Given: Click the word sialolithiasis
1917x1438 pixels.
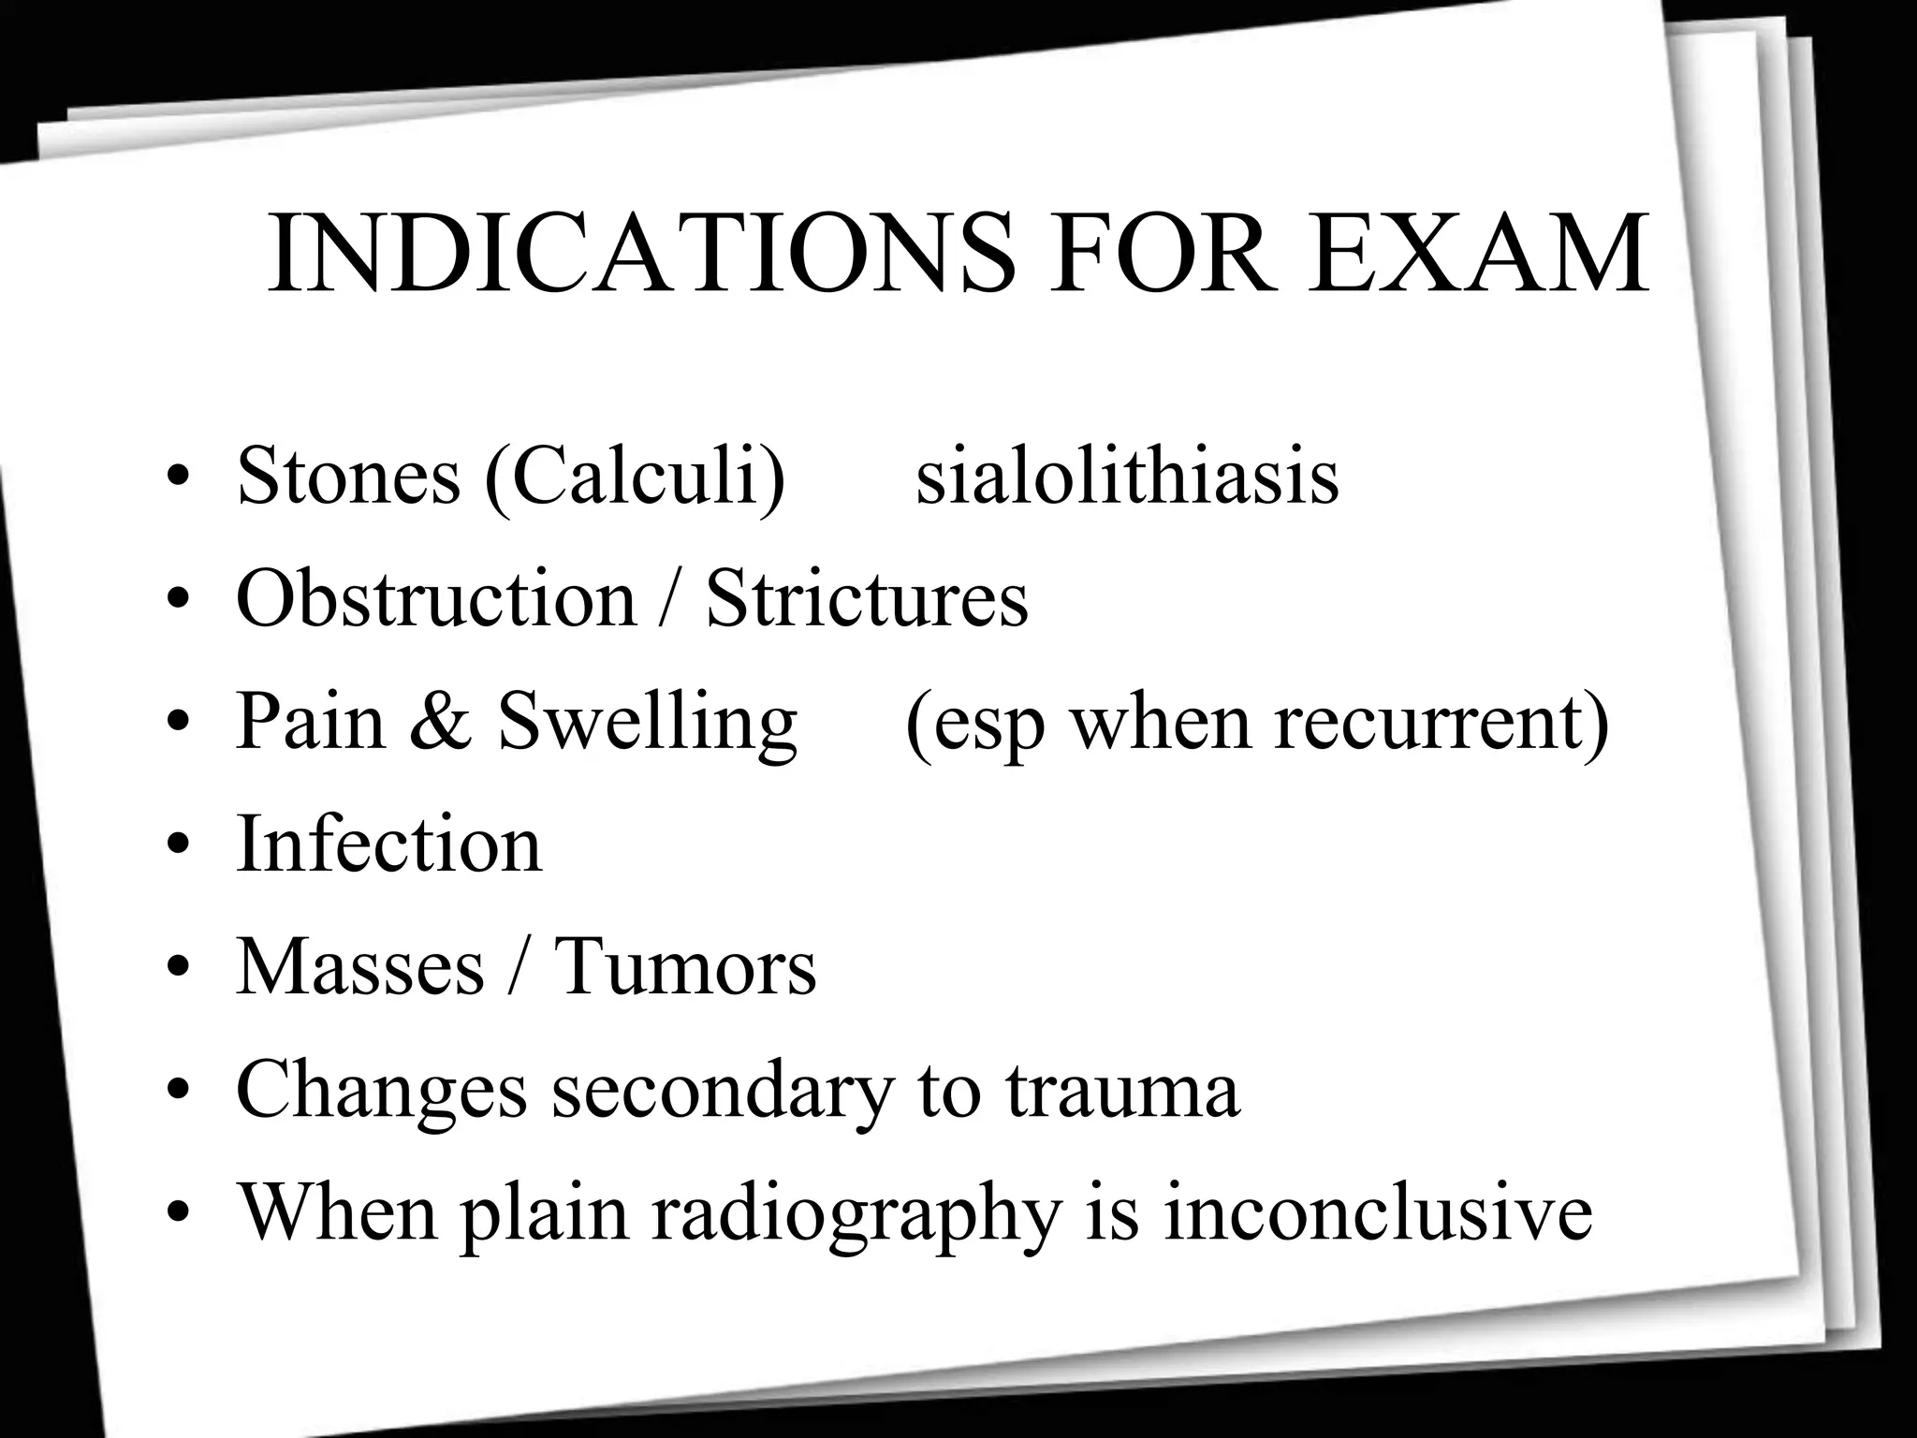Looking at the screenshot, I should (x=1126, y=477).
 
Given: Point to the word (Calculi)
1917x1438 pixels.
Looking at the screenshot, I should (x=635, y=478).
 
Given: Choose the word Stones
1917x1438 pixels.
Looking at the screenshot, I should (x=348, y=477).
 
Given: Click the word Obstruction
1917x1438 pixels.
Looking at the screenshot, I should (x=436, y=599).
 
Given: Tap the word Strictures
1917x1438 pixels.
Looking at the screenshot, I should (x=867, y=599).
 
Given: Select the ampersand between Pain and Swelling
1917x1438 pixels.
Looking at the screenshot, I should (x=440, y=722).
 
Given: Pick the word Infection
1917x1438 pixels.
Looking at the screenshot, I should (x=388, y=844).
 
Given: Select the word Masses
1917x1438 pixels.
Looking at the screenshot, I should (x=360, y=967).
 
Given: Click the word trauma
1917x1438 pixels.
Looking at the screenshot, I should (x=1123, y=1091).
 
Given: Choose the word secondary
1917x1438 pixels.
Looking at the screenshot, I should (x=721, y=1093).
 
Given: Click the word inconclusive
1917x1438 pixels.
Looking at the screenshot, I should (x=1377, y=1213).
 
